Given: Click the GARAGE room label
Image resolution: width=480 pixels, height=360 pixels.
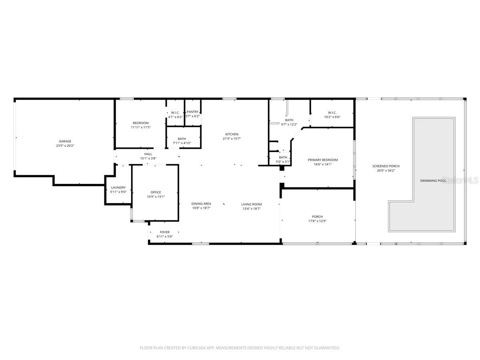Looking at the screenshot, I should (x=65, y=141).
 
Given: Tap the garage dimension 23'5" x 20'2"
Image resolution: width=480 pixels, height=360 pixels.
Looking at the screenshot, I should (x=65, y=146).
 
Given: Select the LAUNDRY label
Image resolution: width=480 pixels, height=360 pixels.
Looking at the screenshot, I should (x=118, y=188).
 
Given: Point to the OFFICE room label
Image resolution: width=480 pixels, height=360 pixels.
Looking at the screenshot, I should (x=156, y=192).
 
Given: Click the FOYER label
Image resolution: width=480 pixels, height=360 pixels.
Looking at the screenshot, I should (x=164, y=232).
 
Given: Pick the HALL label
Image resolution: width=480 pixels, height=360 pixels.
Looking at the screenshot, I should (x=148, y=154).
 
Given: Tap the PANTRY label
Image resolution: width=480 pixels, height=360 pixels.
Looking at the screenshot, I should (x=192, y=112).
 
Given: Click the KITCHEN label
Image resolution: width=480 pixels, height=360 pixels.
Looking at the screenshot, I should (x=232, y=134).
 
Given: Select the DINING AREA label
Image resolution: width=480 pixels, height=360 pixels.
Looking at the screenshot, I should (x=201, y=204).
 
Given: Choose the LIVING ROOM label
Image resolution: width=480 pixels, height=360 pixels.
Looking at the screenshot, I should (x=251, y=204).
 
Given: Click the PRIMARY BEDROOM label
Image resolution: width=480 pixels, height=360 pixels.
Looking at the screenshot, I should (x=322, y=160).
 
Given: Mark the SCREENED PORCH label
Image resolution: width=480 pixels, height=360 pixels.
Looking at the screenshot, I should (x=386, y=166).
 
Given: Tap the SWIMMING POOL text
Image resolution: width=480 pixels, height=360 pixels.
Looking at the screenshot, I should (x=433, y=181).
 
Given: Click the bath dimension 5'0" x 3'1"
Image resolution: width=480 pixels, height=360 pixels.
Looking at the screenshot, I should (x=283, y=162).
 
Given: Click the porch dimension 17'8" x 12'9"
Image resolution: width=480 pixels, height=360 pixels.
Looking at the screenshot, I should (x=317, y=221).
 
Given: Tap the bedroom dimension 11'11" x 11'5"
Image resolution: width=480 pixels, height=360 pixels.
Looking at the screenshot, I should (x=140, y=127).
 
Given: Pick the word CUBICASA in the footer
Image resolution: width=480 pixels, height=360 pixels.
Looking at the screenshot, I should (x=196, y=348).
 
